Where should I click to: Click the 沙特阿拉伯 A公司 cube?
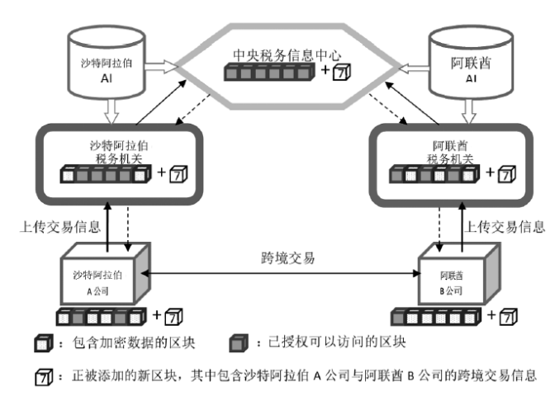(104, 276)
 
